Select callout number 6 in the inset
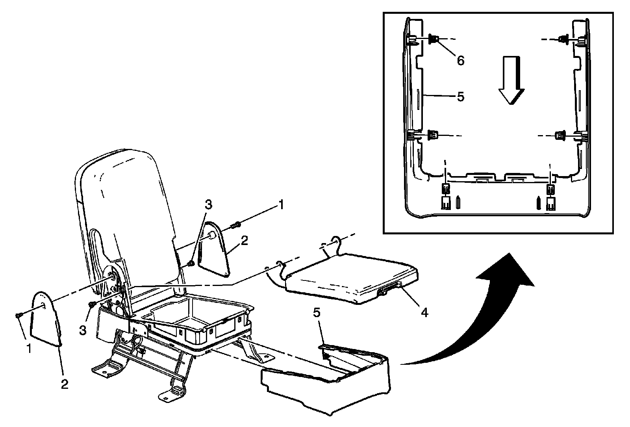460,60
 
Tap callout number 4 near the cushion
424,312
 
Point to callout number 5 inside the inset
460,97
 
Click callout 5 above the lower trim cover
317,313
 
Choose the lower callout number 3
82,330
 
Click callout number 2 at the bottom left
65,384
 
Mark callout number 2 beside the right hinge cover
245,241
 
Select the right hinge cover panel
215,248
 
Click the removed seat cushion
350,278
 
